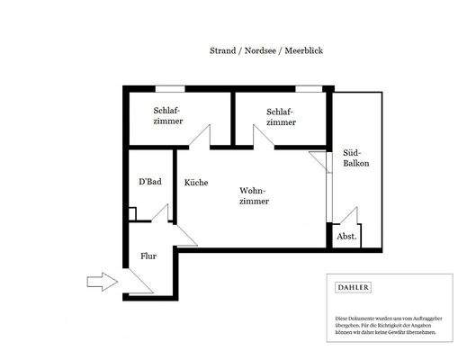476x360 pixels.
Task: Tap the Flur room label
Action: (x=148, y=256)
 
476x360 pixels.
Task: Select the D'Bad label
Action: (x=149, y=182)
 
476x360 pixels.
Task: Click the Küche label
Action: (x=196, y=183)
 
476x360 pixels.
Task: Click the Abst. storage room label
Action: (x=346, y=237)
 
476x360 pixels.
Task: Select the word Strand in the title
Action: (x=221, y=52)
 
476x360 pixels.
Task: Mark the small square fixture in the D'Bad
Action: (x=132, y=214)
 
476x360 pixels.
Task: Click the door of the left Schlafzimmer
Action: (x=200, y=138)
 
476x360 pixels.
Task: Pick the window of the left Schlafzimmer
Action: (x=169, y=87)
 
